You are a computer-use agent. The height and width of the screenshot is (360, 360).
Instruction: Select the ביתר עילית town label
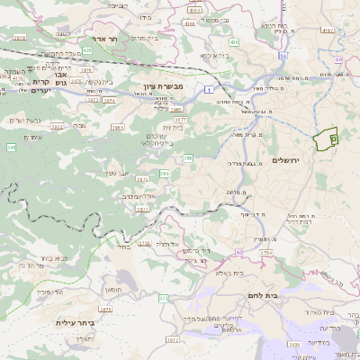[75, 321]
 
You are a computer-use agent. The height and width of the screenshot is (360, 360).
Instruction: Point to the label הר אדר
[93, 40]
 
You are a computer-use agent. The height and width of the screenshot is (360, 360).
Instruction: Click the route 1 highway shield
[208, 88]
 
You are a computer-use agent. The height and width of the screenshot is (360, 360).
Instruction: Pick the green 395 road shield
[11, 147]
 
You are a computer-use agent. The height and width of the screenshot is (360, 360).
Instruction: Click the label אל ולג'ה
[169, 244]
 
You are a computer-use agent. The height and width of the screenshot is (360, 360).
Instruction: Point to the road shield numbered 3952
[57, 127]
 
